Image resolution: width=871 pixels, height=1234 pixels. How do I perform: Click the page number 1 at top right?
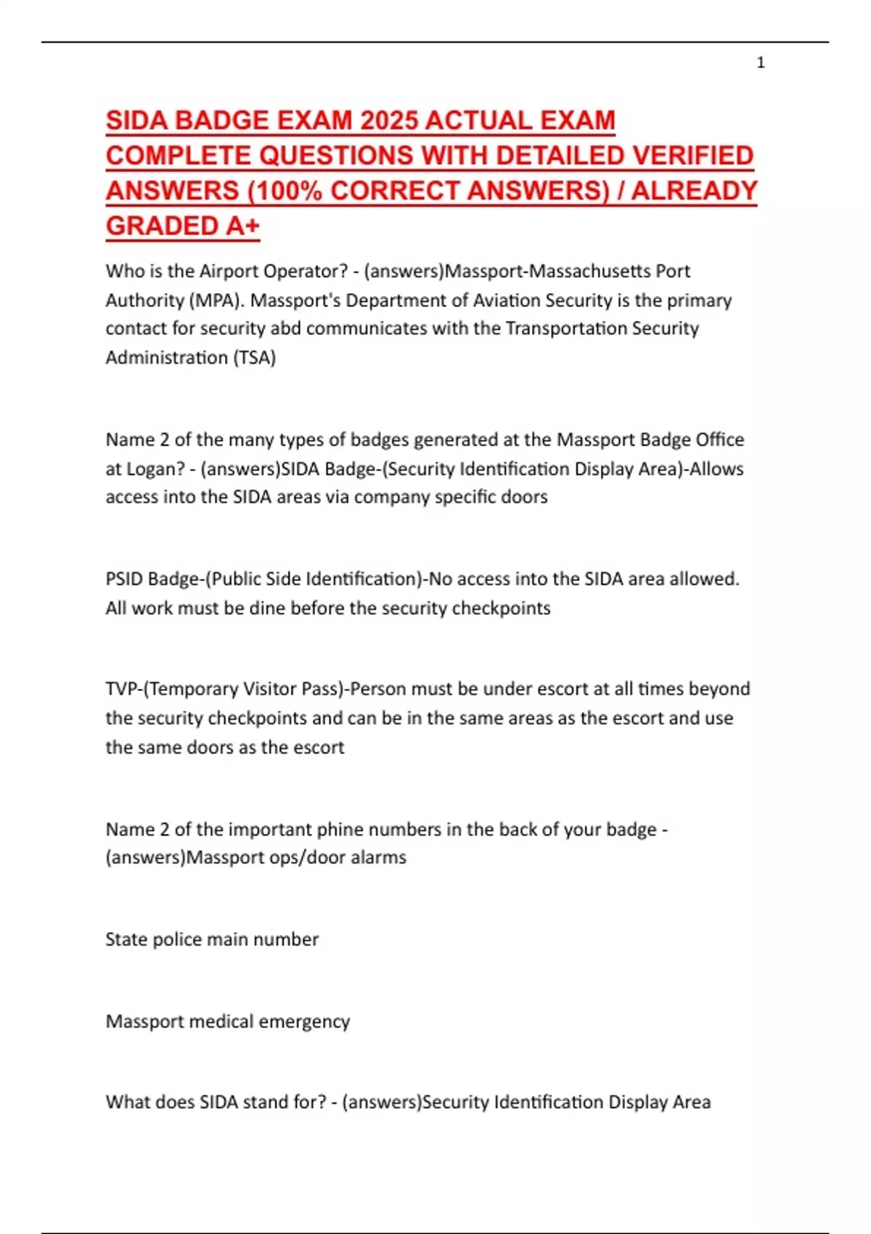point(761,63)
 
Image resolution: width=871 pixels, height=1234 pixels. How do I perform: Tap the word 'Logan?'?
point(156,469)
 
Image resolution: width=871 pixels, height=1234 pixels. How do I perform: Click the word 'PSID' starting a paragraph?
point(124,579)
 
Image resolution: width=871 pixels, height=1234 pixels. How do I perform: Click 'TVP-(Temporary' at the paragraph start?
point(171,689)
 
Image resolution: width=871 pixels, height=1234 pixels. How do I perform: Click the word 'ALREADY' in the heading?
point(694,191)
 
